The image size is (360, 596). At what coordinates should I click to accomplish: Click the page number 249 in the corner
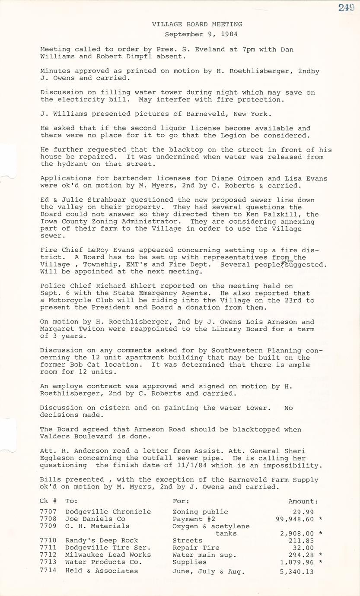click(347, 8)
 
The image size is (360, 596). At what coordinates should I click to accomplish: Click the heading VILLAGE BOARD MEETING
click(197, 24)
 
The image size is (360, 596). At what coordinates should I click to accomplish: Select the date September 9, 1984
click(201, 34)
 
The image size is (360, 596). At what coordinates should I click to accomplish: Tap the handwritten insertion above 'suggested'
click(284, 260)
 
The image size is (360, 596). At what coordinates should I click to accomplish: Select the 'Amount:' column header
click(303, 501)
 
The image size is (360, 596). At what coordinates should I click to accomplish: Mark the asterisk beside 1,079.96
click(320, 562)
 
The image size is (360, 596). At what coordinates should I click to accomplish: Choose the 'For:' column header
click(181, 501)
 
